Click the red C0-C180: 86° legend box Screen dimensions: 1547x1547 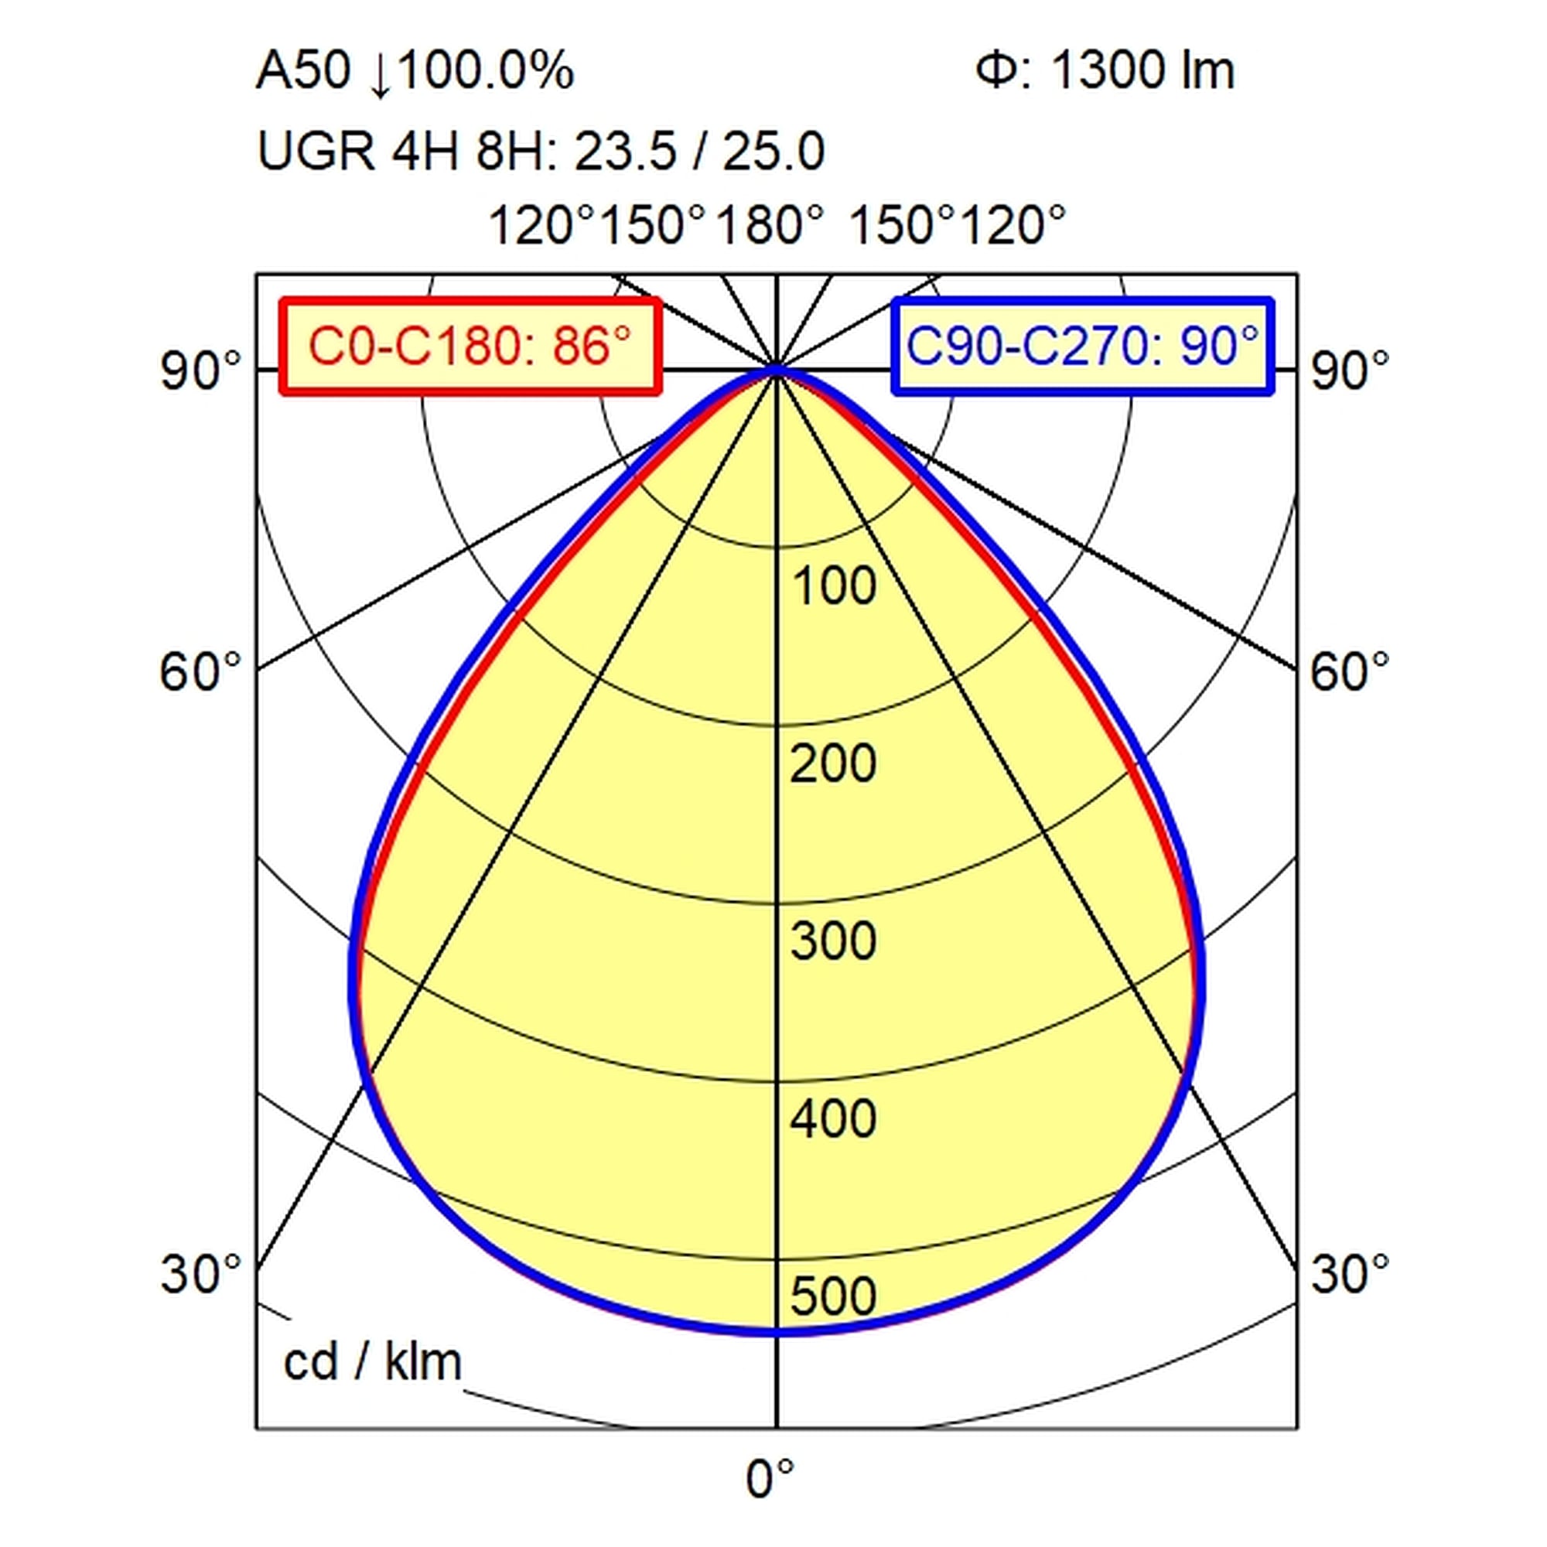471,347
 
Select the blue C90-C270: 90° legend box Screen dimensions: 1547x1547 1084,347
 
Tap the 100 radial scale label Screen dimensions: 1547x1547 834,586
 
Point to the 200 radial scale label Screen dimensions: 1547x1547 834,763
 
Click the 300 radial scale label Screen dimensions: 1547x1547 834,941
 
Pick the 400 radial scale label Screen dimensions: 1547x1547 834,1118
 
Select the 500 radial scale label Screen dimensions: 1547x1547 834,1296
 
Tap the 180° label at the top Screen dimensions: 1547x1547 770,225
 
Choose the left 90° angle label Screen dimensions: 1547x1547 201,371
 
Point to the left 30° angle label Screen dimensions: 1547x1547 201,1273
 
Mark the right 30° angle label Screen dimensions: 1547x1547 1349,1273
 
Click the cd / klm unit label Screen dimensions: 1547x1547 373,1361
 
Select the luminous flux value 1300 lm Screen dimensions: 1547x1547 1142,70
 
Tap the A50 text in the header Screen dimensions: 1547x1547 303,70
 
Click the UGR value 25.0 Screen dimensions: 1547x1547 773,152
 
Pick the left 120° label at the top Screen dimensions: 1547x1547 543,225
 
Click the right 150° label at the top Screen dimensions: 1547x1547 903,225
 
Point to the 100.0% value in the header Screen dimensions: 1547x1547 485,70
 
